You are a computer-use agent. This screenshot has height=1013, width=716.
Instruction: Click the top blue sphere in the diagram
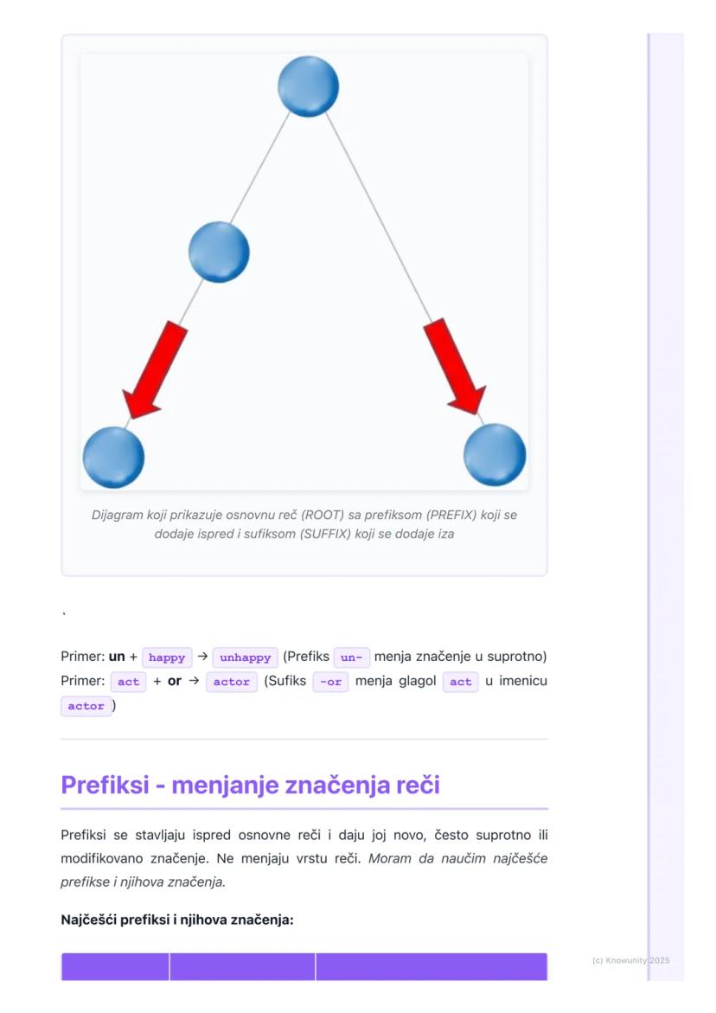click(308, 87)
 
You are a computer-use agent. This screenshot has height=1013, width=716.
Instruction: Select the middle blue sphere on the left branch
click(219, 252)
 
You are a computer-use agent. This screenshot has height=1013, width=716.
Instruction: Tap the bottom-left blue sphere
click(113, 458)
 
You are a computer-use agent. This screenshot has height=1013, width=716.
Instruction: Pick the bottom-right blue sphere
click(495, 455)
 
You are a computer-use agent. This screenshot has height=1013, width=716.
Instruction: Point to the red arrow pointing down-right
click(455, 366)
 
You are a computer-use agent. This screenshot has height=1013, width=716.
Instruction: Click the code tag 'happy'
click(167, 657)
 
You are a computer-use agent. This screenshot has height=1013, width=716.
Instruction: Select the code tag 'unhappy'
click(246, 657)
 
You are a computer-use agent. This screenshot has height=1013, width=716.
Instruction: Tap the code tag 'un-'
click(351, 657)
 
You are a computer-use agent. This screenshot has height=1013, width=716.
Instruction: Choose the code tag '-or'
click(330, 682)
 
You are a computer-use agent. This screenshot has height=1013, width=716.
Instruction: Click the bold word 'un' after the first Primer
click(117, 657)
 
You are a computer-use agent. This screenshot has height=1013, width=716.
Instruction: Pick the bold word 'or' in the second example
click(175, 681)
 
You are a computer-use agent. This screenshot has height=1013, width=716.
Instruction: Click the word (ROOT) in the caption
click(323, 515)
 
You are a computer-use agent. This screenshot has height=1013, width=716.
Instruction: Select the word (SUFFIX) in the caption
click(326, 534)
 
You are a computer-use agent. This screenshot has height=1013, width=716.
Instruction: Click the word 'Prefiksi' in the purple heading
click(105, 785)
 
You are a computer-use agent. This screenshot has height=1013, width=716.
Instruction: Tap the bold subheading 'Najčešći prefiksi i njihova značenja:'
click(177, 920)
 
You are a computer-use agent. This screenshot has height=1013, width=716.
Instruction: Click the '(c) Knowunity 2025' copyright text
click(630, 961)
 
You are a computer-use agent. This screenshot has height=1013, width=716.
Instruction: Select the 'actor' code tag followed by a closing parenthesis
click(86, 706)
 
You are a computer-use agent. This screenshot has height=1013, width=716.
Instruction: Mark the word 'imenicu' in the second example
click(523, 681)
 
